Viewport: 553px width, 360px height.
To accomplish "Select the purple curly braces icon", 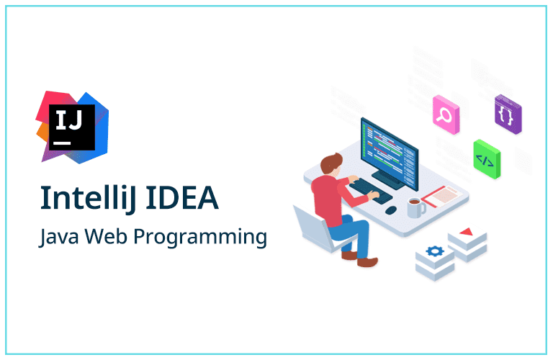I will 508,114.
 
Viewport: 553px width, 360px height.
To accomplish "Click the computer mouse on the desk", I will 391,210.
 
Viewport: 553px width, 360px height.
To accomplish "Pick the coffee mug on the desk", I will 415,207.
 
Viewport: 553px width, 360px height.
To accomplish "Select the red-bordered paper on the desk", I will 444,193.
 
